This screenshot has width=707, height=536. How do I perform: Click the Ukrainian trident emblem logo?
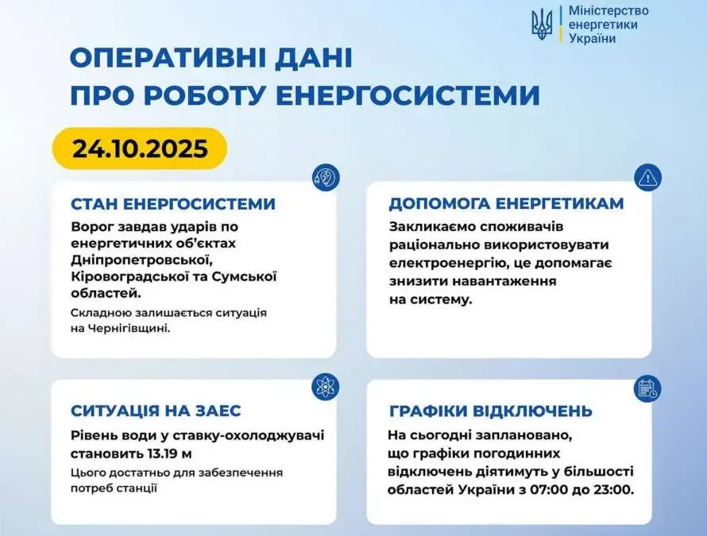tap(542, 25)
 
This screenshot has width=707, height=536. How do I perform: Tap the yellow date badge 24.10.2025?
tap(140, 148)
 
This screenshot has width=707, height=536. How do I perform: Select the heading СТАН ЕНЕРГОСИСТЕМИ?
tap(173, 204)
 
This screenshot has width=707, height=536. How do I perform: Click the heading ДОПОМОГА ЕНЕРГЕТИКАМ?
tap(506, 203)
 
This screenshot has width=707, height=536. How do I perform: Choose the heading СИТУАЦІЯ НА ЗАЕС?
tap(156, 411)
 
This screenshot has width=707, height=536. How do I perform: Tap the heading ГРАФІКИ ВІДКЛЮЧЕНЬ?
tap(491, 411)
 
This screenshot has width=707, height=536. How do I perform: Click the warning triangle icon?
tap(647, 178)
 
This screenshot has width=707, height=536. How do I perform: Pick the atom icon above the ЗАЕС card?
tap(326, 388)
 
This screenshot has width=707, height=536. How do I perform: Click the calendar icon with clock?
tap(647, 388)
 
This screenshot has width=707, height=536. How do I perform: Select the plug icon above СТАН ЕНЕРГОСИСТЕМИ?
tap(326, 178)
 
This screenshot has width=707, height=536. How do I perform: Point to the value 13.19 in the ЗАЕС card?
tap(161, 453)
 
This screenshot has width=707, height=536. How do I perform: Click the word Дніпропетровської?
tap(141, 260)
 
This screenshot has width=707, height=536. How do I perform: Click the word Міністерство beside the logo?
tap(608, 11)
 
